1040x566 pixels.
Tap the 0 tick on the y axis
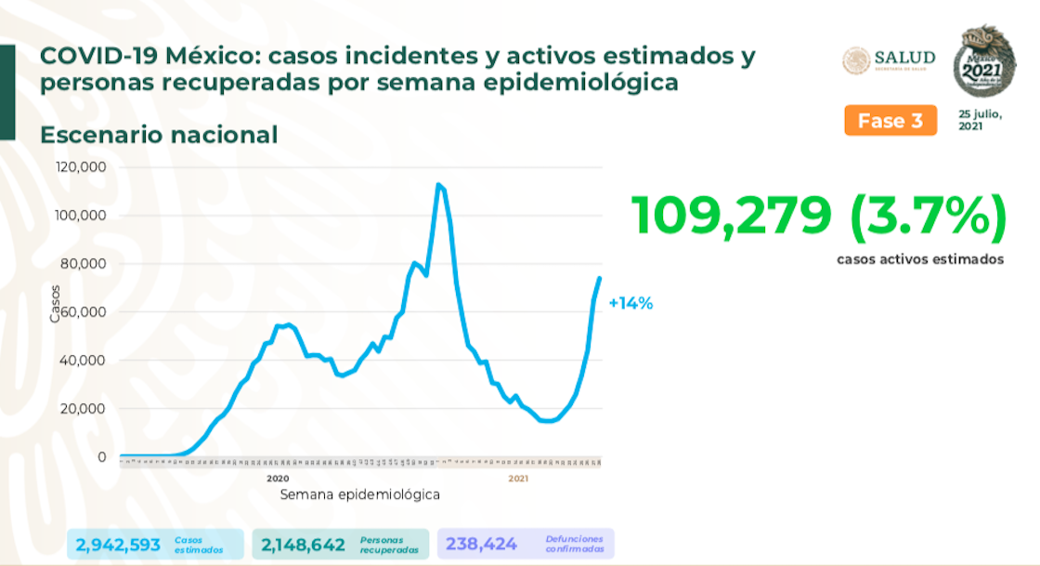coord(101,457)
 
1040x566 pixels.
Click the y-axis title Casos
coord(56,302)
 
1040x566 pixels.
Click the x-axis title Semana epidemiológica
coord(359,494)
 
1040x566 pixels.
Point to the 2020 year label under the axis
coord(278,478)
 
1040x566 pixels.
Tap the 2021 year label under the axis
coord(518,478)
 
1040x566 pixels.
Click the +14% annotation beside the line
coord(630,303)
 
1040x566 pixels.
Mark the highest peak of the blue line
coord(437,185)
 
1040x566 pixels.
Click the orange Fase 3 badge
coord(890,121)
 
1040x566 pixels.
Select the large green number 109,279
coord(732,216)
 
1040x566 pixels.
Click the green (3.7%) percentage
coord(926,216)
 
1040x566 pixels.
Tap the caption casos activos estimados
coord(919,259)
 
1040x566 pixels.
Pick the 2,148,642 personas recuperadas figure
coord(304,544)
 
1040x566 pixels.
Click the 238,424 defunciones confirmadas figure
coord(481,544)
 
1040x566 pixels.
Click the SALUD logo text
coord(904,59)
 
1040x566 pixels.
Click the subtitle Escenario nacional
coord(159,135)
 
